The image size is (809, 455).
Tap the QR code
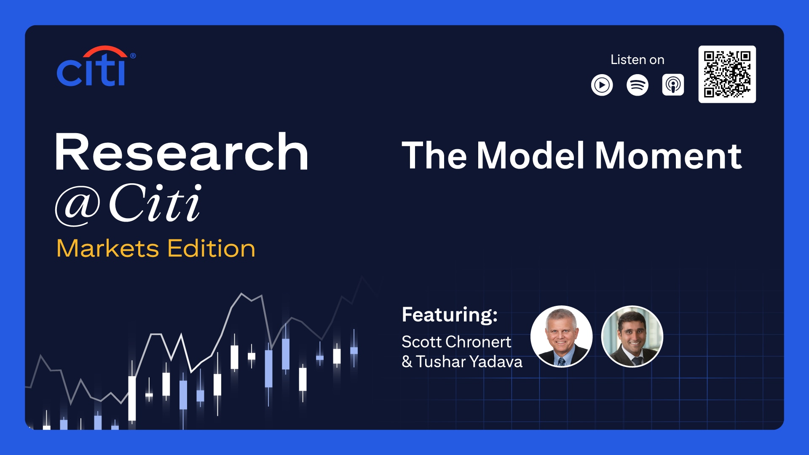727,74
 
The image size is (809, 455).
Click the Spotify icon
637,85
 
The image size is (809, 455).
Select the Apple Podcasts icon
673,85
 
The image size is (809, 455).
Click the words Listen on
637,60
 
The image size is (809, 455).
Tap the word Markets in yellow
108,248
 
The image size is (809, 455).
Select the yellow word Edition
212,248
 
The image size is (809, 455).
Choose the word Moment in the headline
668,156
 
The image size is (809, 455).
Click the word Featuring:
450,315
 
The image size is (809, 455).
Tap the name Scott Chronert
456,342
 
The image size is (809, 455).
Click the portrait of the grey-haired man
561,336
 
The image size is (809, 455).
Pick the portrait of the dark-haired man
632,336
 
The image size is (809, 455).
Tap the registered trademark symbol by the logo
133,56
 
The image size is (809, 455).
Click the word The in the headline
434,155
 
